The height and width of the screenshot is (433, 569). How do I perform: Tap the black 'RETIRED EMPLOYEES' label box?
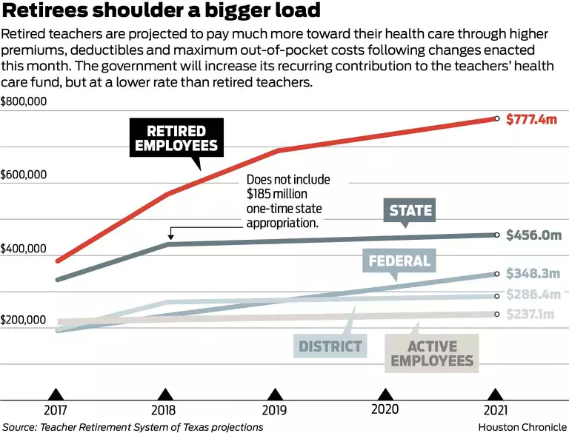[176, 138]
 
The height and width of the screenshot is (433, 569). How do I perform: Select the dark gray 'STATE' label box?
[410, 210]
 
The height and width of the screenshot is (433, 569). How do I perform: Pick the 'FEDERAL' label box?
[399, 261]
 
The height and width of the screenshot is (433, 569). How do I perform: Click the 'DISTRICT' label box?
[330, 346]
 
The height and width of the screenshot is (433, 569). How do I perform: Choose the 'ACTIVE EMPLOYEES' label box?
[432, 353]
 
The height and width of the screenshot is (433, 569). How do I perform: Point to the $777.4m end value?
[532, 118]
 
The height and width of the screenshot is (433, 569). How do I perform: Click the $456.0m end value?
[533, 235]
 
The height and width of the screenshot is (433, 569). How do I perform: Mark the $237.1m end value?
[530, 315]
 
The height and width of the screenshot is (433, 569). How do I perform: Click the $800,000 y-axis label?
[24, 101]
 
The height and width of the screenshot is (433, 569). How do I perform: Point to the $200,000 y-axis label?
[24, 320]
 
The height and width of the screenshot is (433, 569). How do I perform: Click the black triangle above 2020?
[385, 393]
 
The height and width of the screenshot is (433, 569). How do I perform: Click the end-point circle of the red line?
[496, 118]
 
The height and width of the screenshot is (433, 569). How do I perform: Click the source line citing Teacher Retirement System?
[133, 426]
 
